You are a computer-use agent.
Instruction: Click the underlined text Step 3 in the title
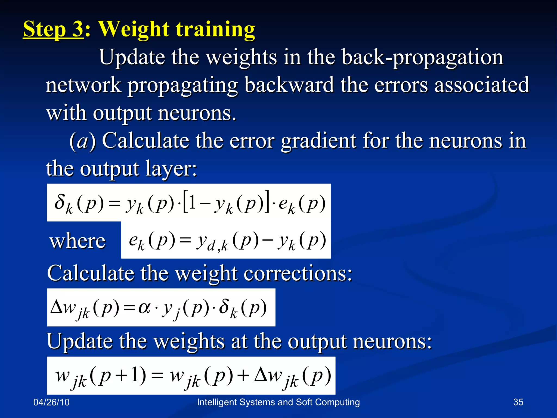(x=53, y=29)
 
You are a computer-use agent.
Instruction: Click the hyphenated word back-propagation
(x=422, y=58)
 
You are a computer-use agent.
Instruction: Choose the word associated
(x=482, y=85)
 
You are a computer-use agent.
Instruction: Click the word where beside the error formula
(x=78, y=241)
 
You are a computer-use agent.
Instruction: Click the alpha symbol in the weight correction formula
(x=144, y=308)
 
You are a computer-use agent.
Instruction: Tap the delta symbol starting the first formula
(x=60, y=202)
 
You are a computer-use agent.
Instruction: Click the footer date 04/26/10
(x=51, y=402)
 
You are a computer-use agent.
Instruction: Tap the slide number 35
(x=518, y=402)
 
